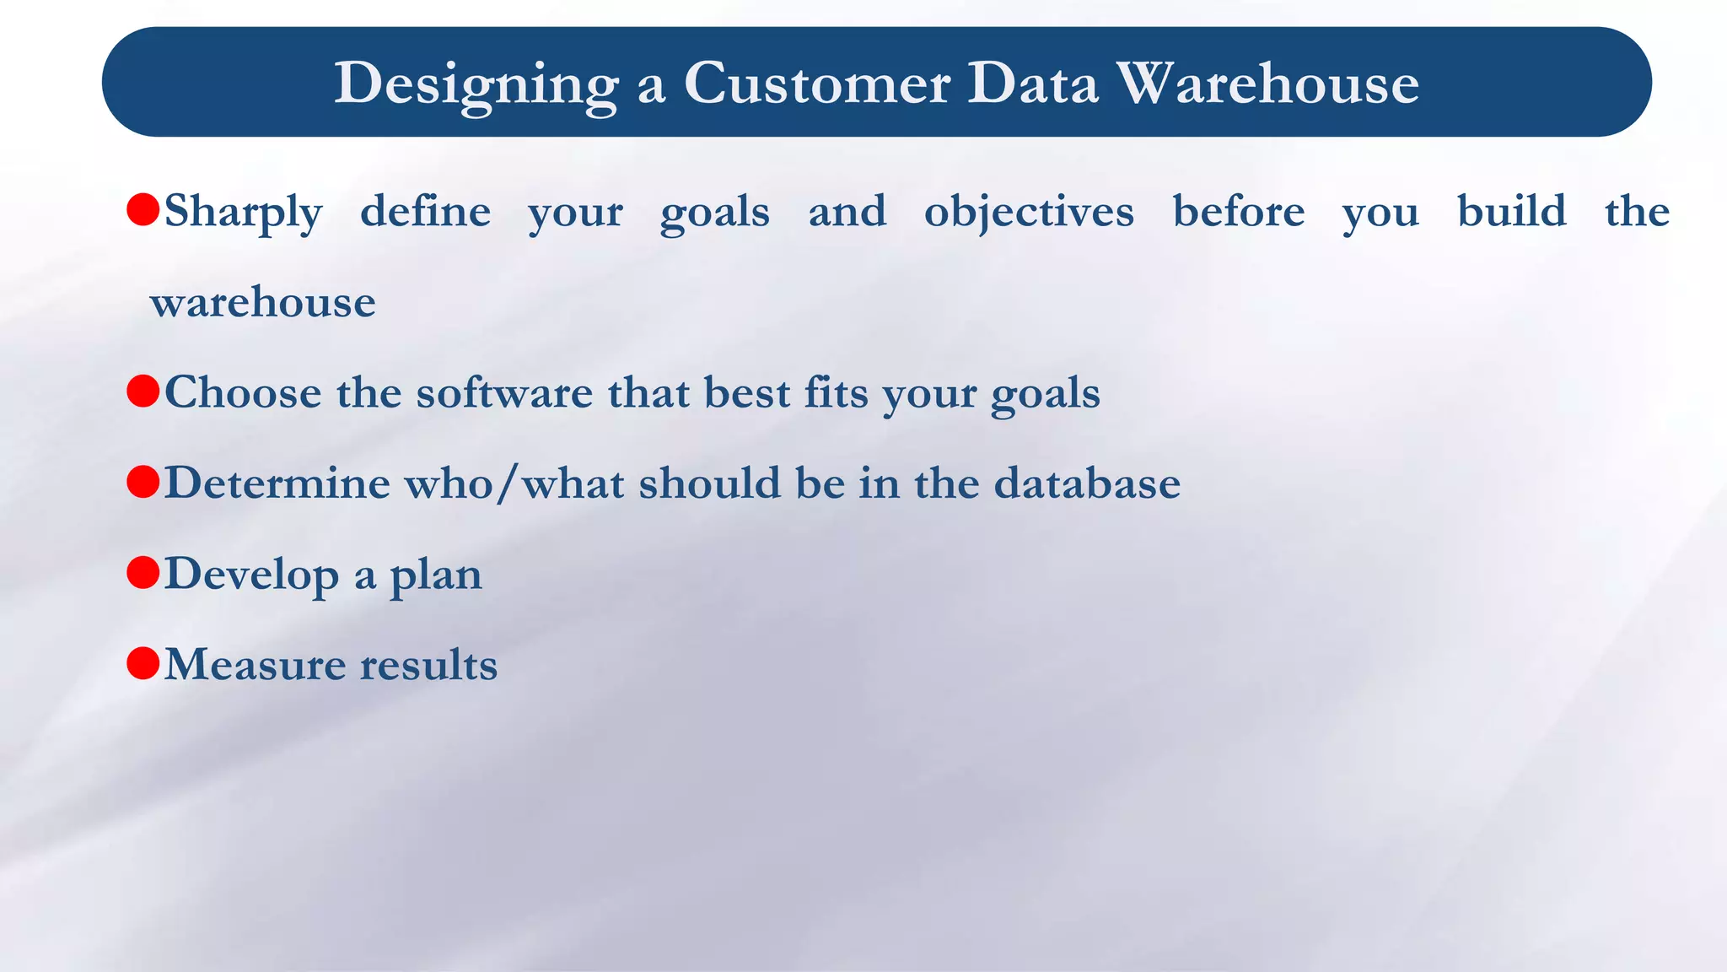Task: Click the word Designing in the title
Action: pyautogui.click(x=476, y=84)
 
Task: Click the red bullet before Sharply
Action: pyautogui.click(x=143, y=209)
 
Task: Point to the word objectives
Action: pyautogui.click(x=1029, y=211)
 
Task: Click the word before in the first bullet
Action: pyautogui.click(x=1238, y=211)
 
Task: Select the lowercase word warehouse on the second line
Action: pyautogui.click(x=263, y=302)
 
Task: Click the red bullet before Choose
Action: pyautogui.click(x=143, y=391)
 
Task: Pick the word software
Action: pyautogui.click(x=504, y=393)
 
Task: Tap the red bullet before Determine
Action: pyautogui.click(x=143, y=482)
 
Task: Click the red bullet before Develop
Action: pyautogui.click(x=143, y=573)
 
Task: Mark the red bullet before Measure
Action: pyautogui.click(x=143, y=663)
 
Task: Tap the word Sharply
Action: pyautogui.click(x=243, y=212)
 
